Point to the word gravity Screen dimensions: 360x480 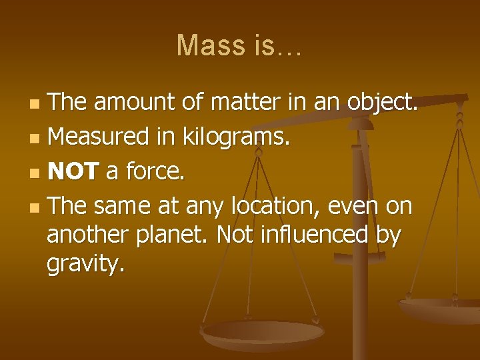click(x=85, y=265)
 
